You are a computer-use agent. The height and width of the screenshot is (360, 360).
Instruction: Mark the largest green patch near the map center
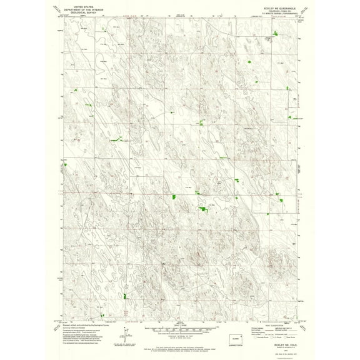[202, 208]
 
